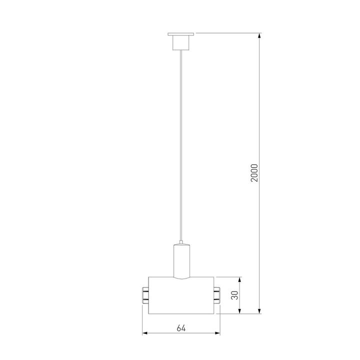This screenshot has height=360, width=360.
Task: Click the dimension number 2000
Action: click(254, 173)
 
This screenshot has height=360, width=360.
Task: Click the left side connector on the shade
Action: click(145, 295)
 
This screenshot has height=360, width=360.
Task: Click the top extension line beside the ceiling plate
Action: click(227, 33)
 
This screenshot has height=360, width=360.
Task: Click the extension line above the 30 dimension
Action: click(230, 277)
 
